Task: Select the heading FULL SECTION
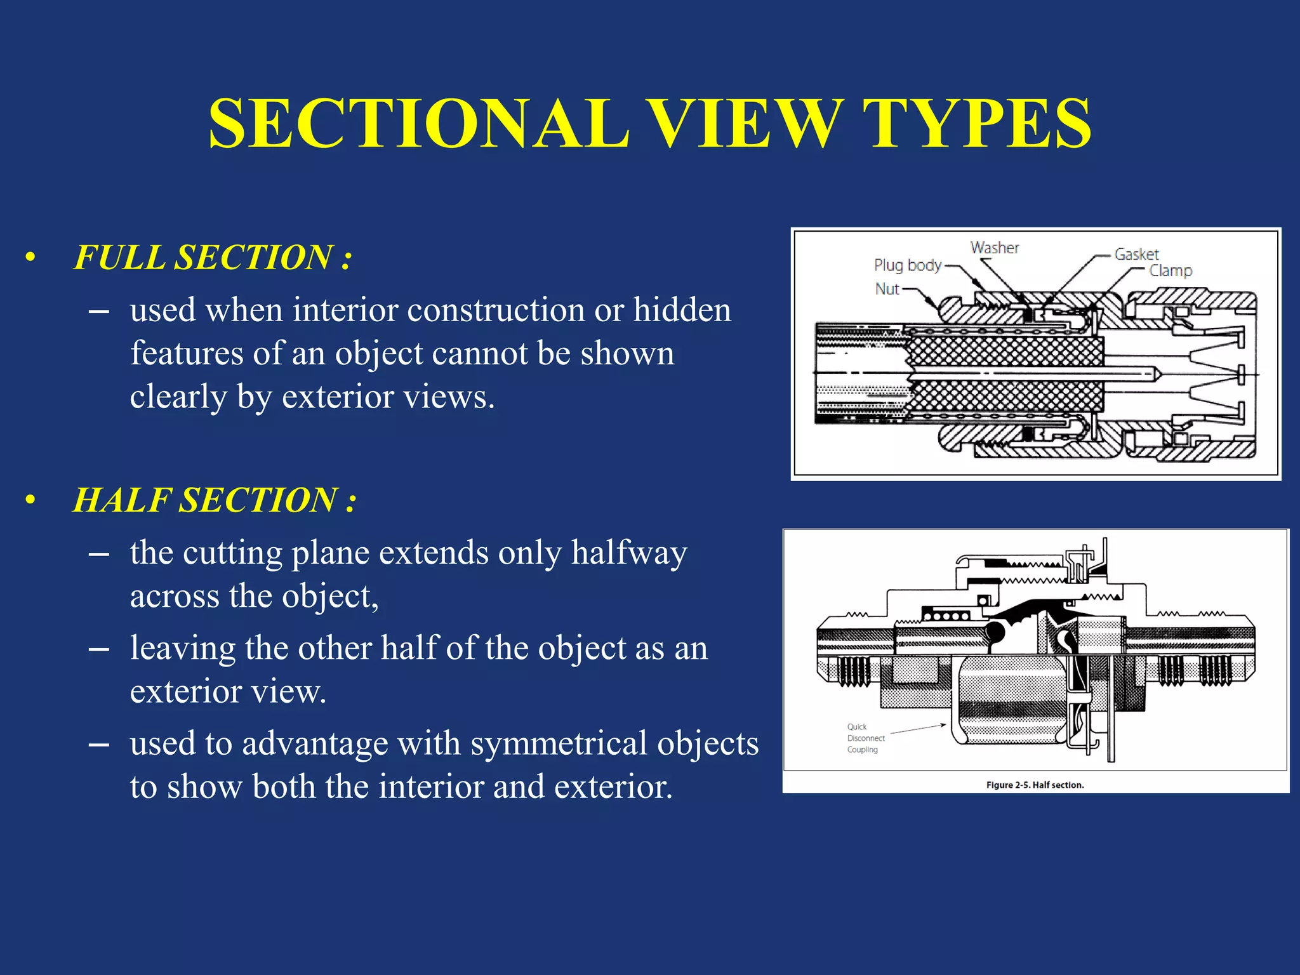(212, 258)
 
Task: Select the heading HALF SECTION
(215, 500)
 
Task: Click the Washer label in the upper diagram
(995, 248)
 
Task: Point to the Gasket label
(1136, 255)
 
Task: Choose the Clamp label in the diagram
(1171, 271)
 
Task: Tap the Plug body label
(908, 265)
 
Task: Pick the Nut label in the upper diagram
(887, 289)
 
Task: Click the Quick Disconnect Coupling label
(865, 738)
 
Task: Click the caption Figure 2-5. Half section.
(1035, 785)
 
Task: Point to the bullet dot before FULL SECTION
(30, 258)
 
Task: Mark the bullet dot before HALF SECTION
(30, 500)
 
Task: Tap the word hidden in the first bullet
(682, 311)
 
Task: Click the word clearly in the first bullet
(178, 398)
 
